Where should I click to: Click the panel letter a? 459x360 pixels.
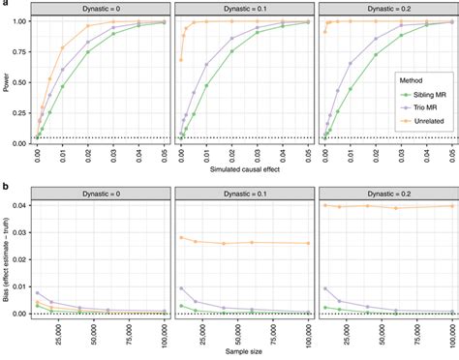pyautogui.click(x=4, y=5)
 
